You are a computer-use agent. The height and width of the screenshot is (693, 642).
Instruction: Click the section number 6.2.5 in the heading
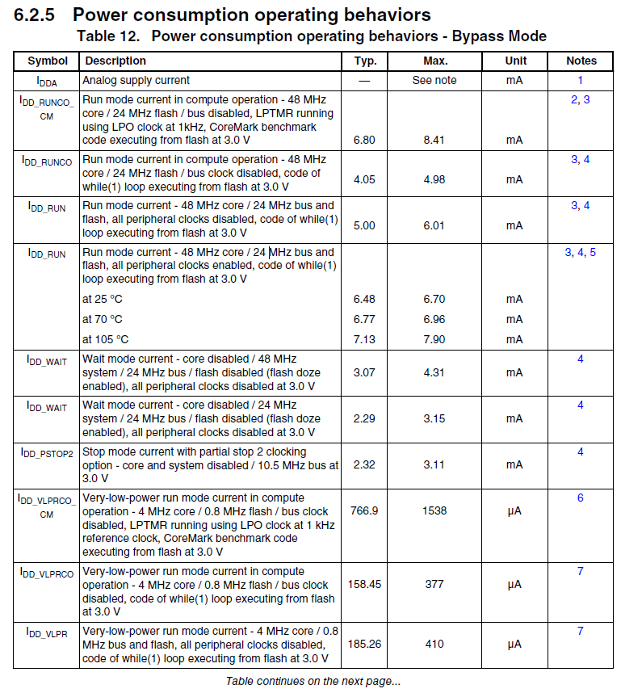[35, 15]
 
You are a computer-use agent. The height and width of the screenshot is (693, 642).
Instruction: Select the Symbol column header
[48, 61]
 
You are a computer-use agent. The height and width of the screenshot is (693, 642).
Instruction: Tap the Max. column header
[435, 61]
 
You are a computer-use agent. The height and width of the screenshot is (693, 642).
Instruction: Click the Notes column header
[581, 61]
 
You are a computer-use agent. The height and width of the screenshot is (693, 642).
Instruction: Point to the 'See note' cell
[434, 80]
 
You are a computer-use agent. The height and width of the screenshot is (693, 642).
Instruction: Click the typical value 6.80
[364, 140]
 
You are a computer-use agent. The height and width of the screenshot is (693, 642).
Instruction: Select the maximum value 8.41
[434, 140]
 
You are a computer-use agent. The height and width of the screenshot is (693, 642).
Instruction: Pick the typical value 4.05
[364, 179]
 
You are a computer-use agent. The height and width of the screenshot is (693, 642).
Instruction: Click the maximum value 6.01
[434, 225]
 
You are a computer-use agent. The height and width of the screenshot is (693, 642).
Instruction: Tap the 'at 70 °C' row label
[102, 319]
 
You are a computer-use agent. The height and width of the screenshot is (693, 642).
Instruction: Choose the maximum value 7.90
[434, 339]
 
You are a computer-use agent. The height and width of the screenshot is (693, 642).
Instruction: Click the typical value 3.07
[364, 372]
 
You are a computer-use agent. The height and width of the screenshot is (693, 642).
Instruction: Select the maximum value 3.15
[434, 418]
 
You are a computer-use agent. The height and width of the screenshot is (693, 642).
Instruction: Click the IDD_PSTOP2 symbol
[47, 453]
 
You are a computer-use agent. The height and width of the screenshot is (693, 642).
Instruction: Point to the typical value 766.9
[364, 510]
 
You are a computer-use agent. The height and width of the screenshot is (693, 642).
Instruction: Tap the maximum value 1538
[434, 510]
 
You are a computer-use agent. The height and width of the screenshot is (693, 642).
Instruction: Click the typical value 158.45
[364, 584]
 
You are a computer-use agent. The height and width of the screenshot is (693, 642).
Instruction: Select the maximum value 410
[434, 645]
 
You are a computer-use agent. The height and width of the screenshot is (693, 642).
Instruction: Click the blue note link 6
[580, 498]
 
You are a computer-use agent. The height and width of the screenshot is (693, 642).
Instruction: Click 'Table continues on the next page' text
[313, 681]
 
